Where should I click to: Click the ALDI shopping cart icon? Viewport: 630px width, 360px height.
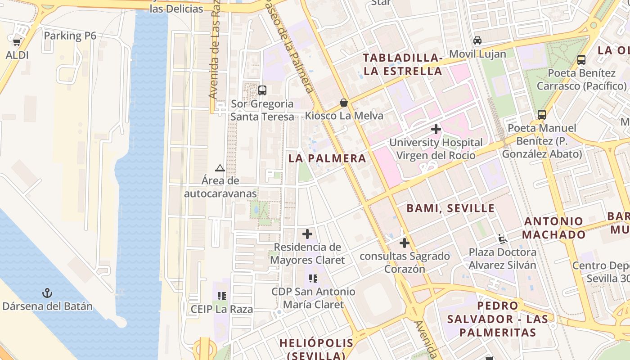(17, 42)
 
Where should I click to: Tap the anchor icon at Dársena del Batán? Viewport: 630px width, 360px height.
(47, 293)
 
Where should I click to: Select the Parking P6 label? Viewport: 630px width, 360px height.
(70, 36)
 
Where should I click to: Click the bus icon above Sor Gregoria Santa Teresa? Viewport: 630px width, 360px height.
(262, 90)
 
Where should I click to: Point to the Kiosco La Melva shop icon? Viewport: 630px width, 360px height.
(344, 103)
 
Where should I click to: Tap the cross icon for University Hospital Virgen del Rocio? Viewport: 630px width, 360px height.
(436, 130)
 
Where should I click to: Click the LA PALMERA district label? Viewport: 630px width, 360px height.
(327, 158)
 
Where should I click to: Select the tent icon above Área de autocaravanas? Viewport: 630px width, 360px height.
(220, 168)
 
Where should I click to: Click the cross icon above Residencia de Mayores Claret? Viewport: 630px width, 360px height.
(307, 234)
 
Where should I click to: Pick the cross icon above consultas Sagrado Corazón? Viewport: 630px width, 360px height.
(405, 243)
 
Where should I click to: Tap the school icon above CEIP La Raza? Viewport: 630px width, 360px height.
(221, 296)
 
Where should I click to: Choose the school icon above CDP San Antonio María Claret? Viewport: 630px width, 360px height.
(313, 279)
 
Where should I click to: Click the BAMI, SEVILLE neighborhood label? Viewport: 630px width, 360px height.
(450, 208)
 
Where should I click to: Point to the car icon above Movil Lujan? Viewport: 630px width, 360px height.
(477, 40)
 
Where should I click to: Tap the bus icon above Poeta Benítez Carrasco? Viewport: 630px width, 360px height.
(581, 59)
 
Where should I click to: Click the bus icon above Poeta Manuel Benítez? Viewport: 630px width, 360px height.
(542, 114)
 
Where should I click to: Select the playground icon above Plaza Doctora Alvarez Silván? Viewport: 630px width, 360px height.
(503, 238)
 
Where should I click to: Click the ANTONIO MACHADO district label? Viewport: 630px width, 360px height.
(554, 228)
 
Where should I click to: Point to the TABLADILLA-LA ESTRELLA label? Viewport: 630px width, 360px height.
(402, 64)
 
